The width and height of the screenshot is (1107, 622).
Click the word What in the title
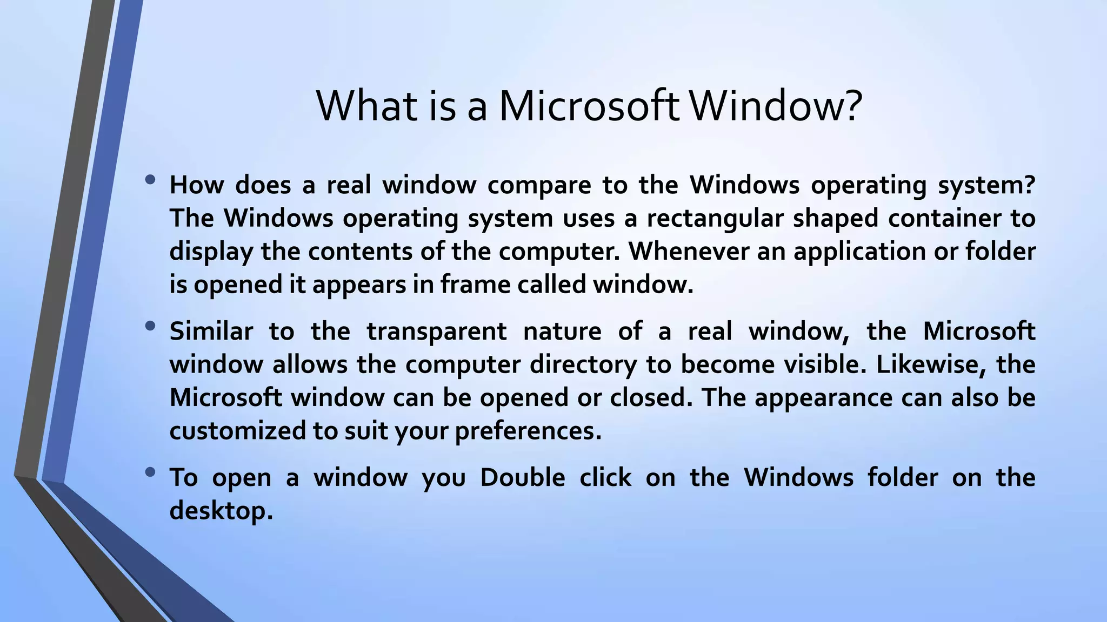[x=367, y=105]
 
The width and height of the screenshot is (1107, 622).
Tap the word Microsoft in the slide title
[x=589, y=105]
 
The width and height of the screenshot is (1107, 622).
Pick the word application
[x=859, y=252]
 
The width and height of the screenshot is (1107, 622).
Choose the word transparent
[x=437, y=331]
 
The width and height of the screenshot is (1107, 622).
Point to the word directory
[x=583, y=364]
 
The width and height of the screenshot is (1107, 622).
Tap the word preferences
[x=528, y=430]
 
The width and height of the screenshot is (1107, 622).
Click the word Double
[x=522, y=477]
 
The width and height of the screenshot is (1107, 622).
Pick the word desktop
[x=221, y=510]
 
